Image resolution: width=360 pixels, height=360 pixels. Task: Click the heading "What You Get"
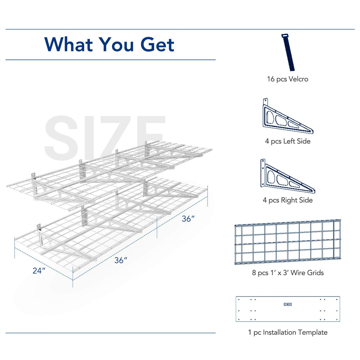pyautogui.click(x=109, y=44)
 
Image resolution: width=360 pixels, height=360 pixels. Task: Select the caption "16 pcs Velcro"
pyautogui.click(x=287, y=79)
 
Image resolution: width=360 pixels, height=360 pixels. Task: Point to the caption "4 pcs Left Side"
pyautogui.click(x=288, y=141)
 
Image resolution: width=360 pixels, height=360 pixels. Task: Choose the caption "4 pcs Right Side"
pyautogui.click(x=288, y=200)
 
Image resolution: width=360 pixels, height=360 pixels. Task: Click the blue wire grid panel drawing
pyautogui.click(x=288, y=242)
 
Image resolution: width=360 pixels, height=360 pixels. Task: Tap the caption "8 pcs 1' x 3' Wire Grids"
pyautogui.click(x=288, y=273)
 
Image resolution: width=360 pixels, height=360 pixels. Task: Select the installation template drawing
pyautogui.click(x=288, y=309)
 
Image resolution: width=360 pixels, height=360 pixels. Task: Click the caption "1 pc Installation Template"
pyautogui.click(x=288, y=332)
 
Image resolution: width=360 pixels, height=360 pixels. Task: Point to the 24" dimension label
pyautogui.click(x=39, y=270)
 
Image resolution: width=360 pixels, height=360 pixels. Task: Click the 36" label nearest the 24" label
pyautogui.click(x=121, y=260)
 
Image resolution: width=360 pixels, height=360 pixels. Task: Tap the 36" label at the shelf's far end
pyautogui.click(x=188, y=219)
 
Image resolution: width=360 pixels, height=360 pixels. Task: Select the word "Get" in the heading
pyautogui.click(x=157, y=44)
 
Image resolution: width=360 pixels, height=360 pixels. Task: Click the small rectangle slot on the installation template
pyautogui.click(x=288, y=304)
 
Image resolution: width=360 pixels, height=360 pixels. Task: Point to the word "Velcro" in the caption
pyautogui.click(x=298, y=79)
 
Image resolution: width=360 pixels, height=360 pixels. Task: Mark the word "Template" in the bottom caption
pyautogui.click(x=313, y=332)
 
